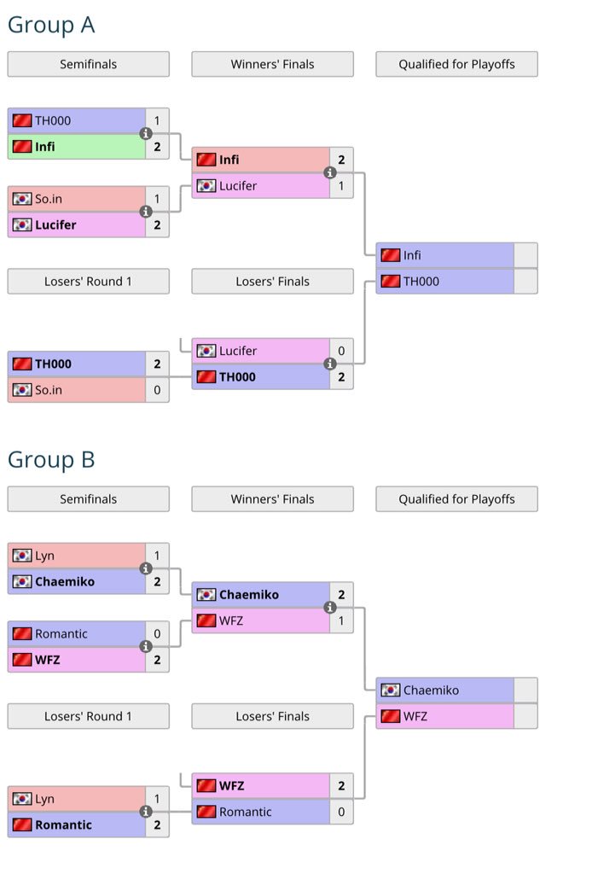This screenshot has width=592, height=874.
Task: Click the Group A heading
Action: [x=50, y=25]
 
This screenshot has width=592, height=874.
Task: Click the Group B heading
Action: [x=50, y=459]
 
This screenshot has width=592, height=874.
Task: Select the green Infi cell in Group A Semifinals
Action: [x=77, y=147]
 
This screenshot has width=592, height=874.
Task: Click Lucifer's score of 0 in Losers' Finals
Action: [x=341, y=351]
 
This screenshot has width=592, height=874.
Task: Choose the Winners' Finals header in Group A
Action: [x=272, y=64]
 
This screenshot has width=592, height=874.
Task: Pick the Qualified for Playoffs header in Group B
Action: [x=456, y=499]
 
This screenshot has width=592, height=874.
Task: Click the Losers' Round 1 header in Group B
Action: [x=88, y=716]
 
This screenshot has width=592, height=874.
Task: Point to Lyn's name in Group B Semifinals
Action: [x=44, y=556]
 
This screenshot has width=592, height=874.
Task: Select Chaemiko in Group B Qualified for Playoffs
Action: [x=431, y=690]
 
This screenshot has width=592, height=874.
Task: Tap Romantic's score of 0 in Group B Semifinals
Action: [x=157, y=634]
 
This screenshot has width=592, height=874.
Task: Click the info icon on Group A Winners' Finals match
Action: [x=330, y=172]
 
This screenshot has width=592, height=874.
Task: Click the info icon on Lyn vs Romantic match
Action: [x=146, y=812]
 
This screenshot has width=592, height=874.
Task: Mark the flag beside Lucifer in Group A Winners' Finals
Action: [x=206, y=186]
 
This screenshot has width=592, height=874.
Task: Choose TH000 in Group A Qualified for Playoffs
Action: [x=421, y=281]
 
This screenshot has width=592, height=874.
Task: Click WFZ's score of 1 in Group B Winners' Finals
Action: [x=341, y=621]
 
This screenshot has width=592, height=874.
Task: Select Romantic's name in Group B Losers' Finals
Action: [x=246, y=812]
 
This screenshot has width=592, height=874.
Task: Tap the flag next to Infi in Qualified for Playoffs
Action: [x=390, y=255]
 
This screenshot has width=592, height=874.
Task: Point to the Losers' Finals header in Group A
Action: [x=272, y=281]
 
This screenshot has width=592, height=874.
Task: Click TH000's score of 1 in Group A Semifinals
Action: [x=157, y=120]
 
